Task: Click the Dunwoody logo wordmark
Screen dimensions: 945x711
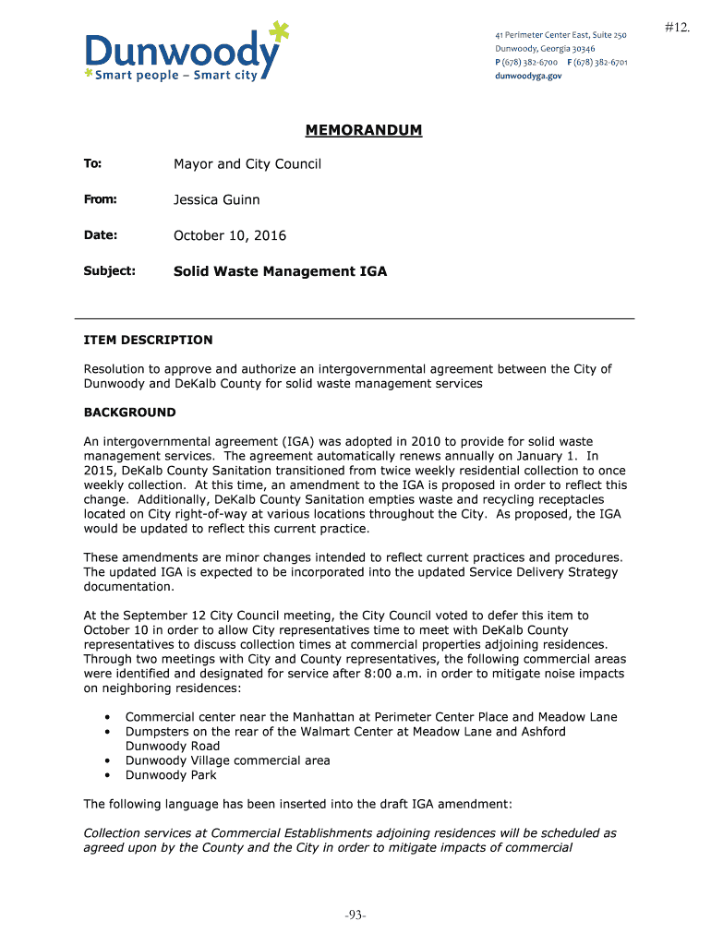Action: pyautogui.click(x=180, y=51)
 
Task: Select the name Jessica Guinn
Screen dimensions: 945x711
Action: pyautogui.click(x=217, y=199)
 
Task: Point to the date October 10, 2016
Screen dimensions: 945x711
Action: pyautogui.click(x=230, y=235)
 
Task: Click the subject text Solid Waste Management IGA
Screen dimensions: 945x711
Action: pyautogui.click(x=281, y=271)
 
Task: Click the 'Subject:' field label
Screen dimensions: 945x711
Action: pyautogui.click(x=110, y=271)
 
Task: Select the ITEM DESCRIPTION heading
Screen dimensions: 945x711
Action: pyautogui.click(x=148, y=340)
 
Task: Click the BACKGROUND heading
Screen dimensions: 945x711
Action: pyautogui.click(x=129, y=412)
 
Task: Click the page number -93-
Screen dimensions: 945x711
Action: pyautogui.click(x=355, y=915)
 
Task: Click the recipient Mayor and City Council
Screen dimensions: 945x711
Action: pyautogui.click(x=247, y=164)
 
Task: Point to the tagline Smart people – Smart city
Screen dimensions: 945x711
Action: pyautogui.click(x=176, y=76)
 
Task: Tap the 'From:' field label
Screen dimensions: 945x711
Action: pyautogui.click(x=100, y=199)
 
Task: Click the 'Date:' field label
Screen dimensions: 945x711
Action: pyautogui.click(x=100, y=235)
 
